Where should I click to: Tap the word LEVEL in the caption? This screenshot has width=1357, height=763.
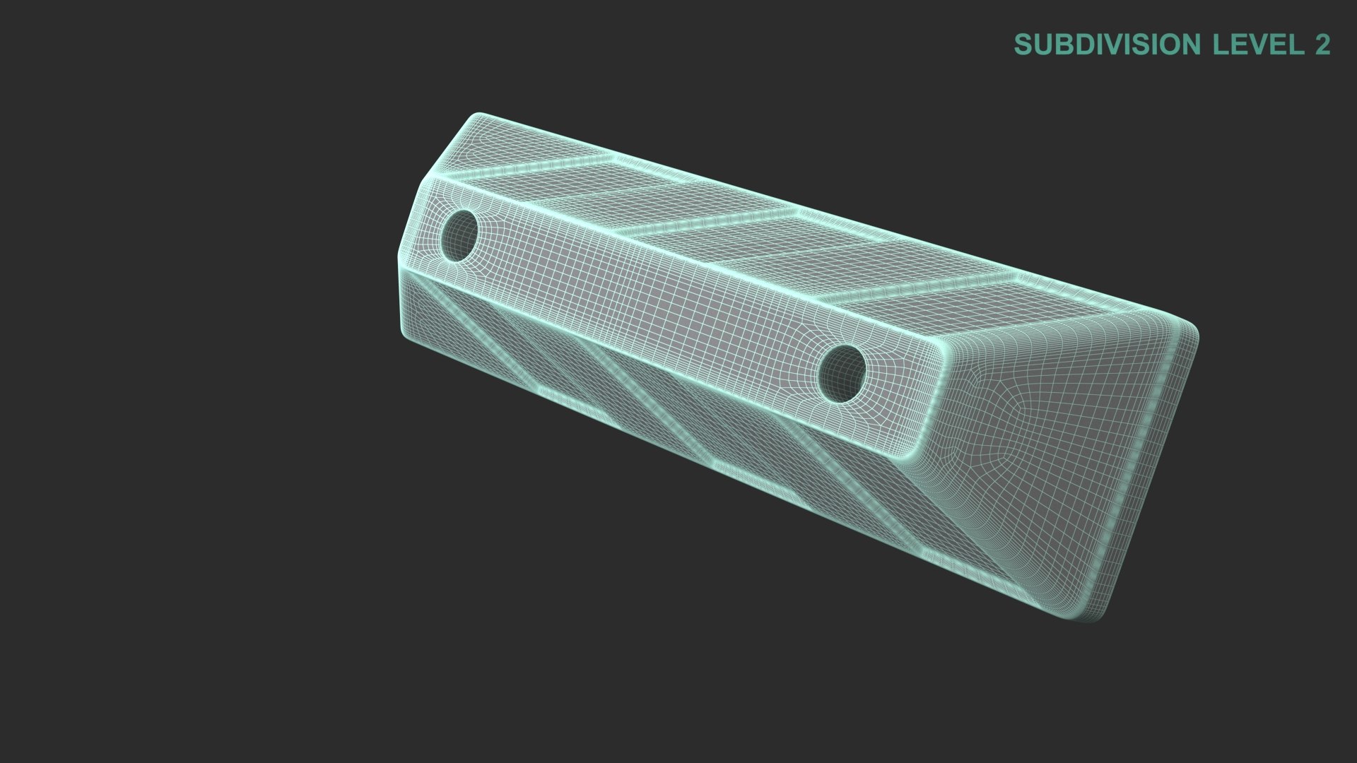[1258, 45]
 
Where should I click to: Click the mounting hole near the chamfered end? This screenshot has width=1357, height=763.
[459, 235]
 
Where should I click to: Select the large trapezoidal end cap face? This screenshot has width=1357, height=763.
[1060, 452]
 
